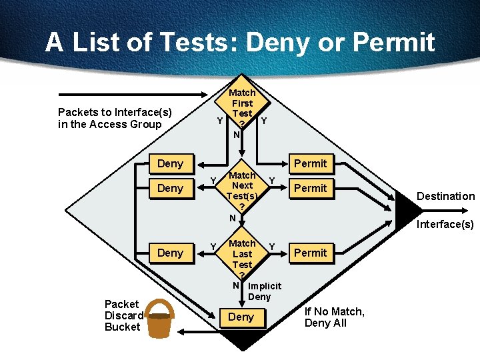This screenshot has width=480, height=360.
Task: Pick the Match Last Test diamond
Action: (x=242, y=257)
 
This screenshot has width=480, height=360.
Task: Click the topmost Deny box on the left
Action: (x=170, y=163)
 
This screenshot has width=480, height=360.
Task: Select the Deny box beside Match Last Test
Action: (x=170, y=253)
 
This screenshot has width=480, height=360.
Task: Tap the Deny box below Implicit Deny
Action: (x=241, y=317)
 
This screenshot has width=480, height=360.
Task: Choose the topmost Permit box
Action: (x=311, y=163)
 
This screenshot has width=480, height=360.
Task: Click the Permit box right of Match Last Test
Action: (x=311, y=253)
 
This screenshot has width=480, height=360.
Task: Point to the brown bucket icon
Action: (x=159, y=319)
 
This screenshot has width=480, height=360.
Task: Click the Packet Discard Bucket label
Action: (x=123, y=315)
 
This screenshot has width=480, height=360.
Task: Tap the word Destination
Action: (x=445, y=196)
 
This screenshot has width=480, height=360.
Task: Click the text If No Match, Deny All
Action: (x=334, y=317)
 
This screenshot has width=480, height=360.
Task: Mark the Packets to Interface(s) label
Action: (x=115, y=118)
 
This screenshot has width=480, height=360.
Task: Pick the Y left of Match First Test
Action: (x=219, y=121)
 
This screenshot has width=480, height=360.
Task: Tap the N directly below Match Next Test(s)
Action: (x=233, y=218)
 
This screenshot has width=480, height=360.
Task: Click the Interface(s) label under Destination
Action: (x=445, y=224)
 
